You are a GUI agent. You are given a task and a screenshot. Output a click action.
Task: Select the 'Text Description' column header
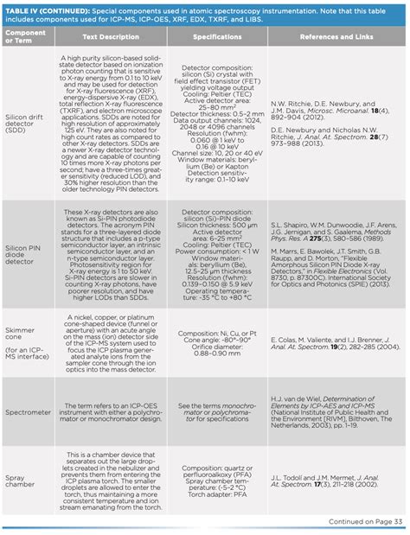(x=108, y=38)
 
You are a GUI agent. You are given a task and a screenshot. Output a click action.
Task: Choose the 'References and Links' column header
(x=334, y=38)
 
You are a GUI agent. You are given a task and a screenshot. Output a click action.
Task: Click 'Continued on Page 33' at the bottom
(x=364, y=521)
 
